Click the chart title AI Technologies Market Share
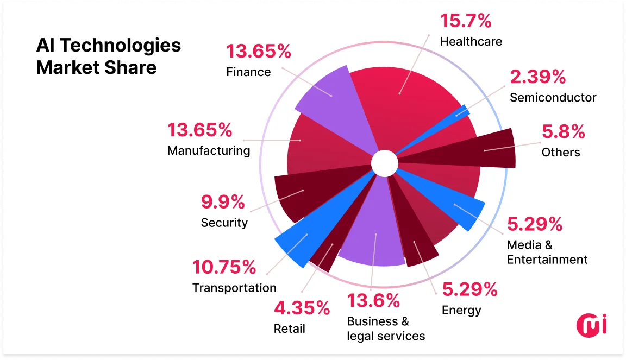point(109,56)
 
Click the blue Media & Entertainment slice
point(456,207)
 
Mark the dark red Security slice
point(304,193)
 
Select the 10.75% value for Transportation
point(224,267)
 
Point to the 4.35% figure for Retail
point(302,308)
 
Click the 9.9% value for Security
point(223,202)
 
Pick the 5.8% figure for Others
point(563,131)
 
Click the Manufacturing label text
point(209,150)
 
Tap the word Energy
point(461,310)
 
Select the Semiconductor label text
point(553,98)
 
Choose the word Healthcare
point(471,41)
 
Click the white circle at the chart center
point(385,163)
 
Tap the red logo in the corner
point(591,325)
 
